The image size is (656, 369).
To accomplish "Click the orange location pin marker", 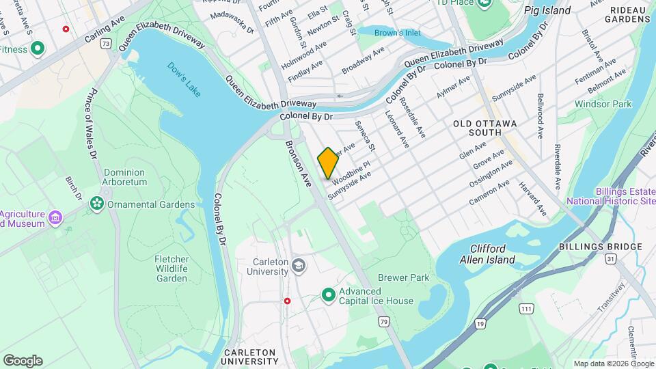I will click(328, 163).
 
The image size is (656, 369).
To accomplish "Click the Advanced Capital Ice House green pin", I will click(329, 295).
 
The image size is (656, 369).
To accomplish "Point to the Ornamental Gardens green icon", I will click(96, 204).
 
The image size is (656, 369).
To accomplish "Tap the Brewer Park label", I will click(404, 278).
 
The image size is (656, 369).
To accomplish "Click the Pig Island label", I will click(547, 10).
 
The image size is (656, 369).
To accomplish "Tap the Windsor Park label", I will click(603, 104).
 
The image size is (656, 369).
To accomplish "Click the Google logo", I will click(23, 361).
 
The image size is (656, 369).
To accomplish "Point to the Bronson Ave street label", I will click(298, 163).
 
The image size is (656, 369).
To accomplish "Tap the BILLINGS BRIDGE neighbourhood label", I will click(600, 247).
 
